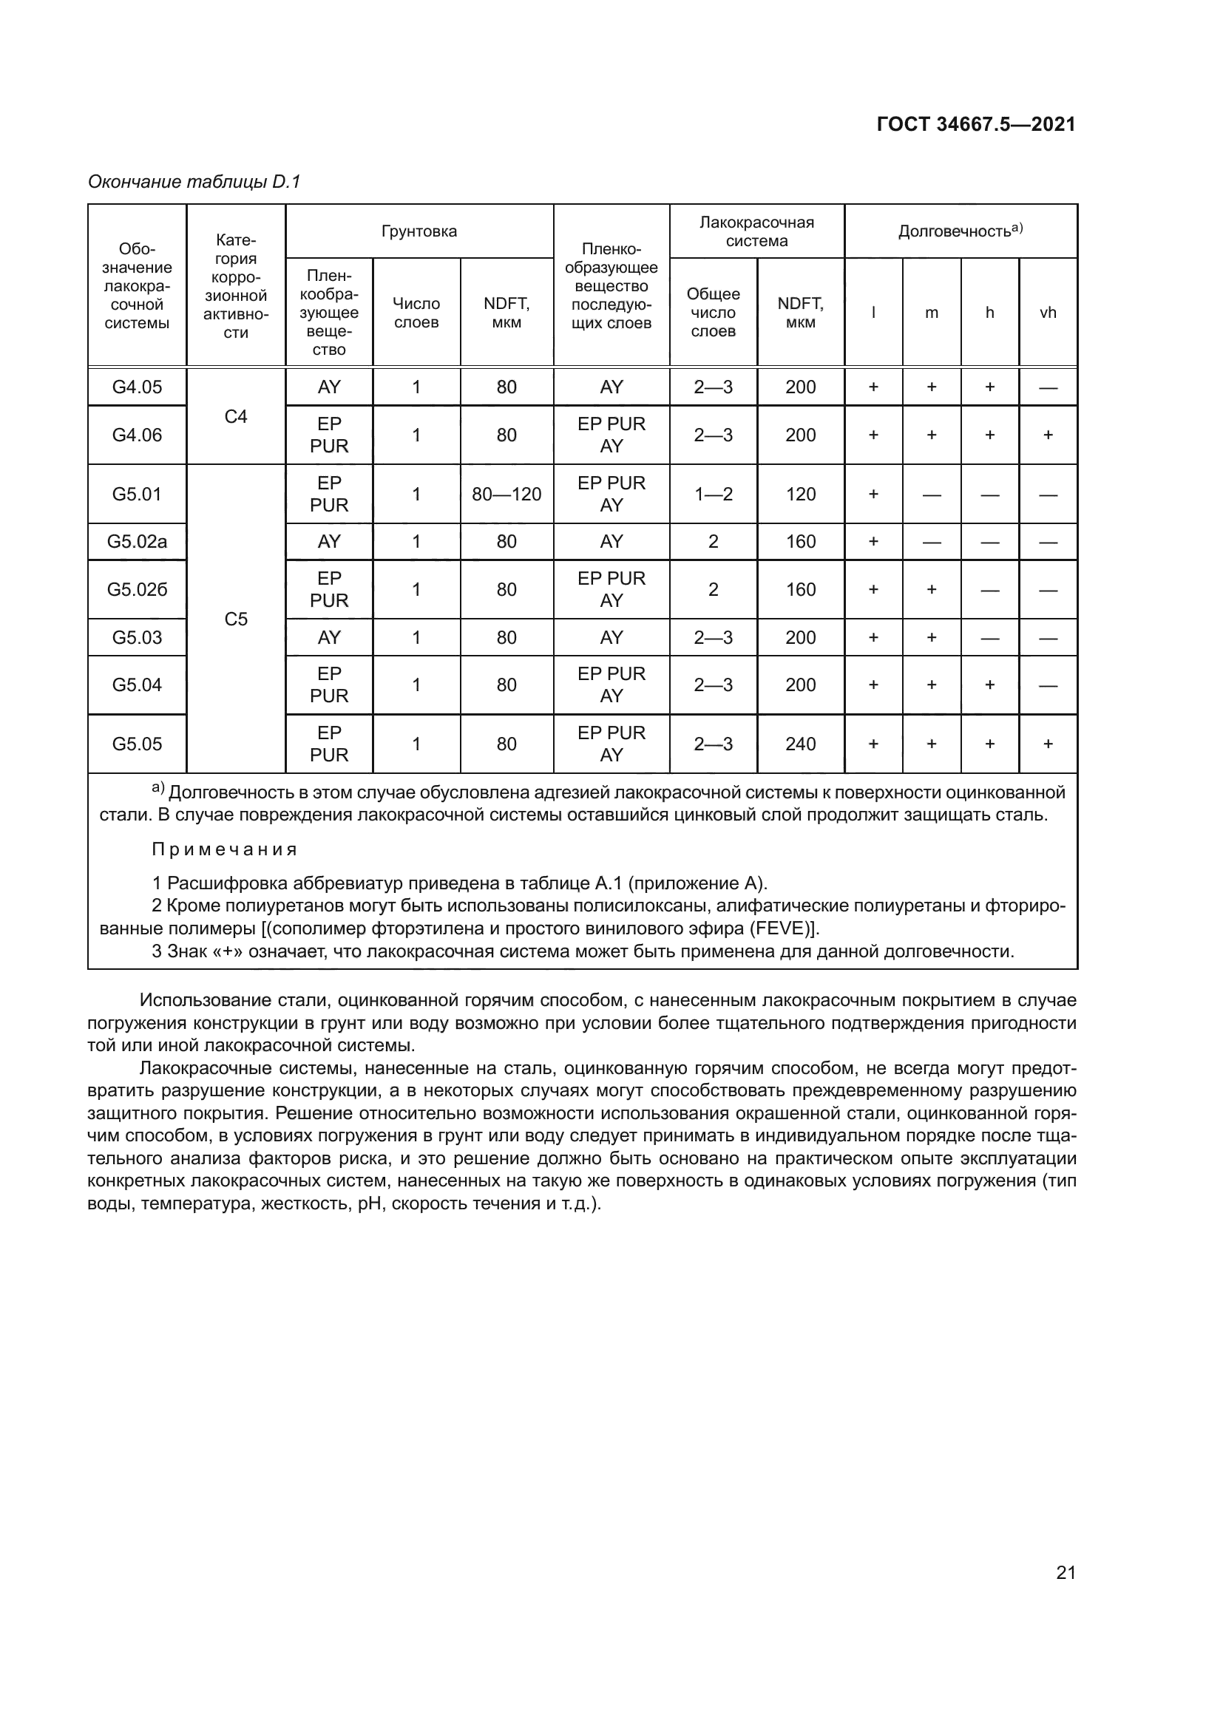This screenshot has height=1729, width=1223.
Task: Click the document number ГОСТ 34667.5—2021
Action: click(976, 124)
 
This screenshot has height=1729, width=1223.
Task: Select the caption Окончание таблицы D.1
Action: click(194, 182)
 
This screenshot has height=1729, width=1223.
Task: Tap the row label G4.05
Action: click(137, 387)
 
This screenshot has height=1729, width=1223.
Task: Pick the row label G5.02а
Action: click(137, 541)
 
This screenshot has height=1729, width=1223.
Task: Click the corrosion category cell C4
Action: click(236, 416)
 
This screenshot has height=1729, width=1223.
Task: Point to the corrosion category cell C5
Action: click(236, 619)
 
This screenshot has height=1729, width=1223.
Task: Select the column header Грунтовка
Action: click(419, 231)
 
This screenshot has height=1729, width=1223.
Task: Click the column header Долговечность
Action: click(960, 231)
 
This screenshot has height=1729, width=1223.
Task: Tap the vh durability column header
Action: click(1048, 313)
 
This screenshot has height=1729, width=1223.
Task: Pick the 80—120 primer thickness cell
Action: click(506, 494)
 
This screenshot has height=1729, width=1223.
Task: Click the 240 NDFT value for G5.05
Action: click(800, 744)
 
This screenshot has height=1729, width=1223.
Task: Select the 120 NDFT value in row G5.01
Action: click(800, 494)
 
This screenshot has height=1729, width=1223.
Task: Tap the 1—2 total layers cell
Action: click(712, 494)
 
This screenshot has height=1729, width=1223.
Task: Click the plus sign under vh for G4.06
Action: click(1048, 435)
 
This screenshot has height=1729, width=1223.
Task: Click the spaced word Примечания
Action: click(225, 849)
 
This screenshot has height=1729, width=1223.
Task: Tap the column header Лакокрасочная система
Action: click(756, 231)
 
